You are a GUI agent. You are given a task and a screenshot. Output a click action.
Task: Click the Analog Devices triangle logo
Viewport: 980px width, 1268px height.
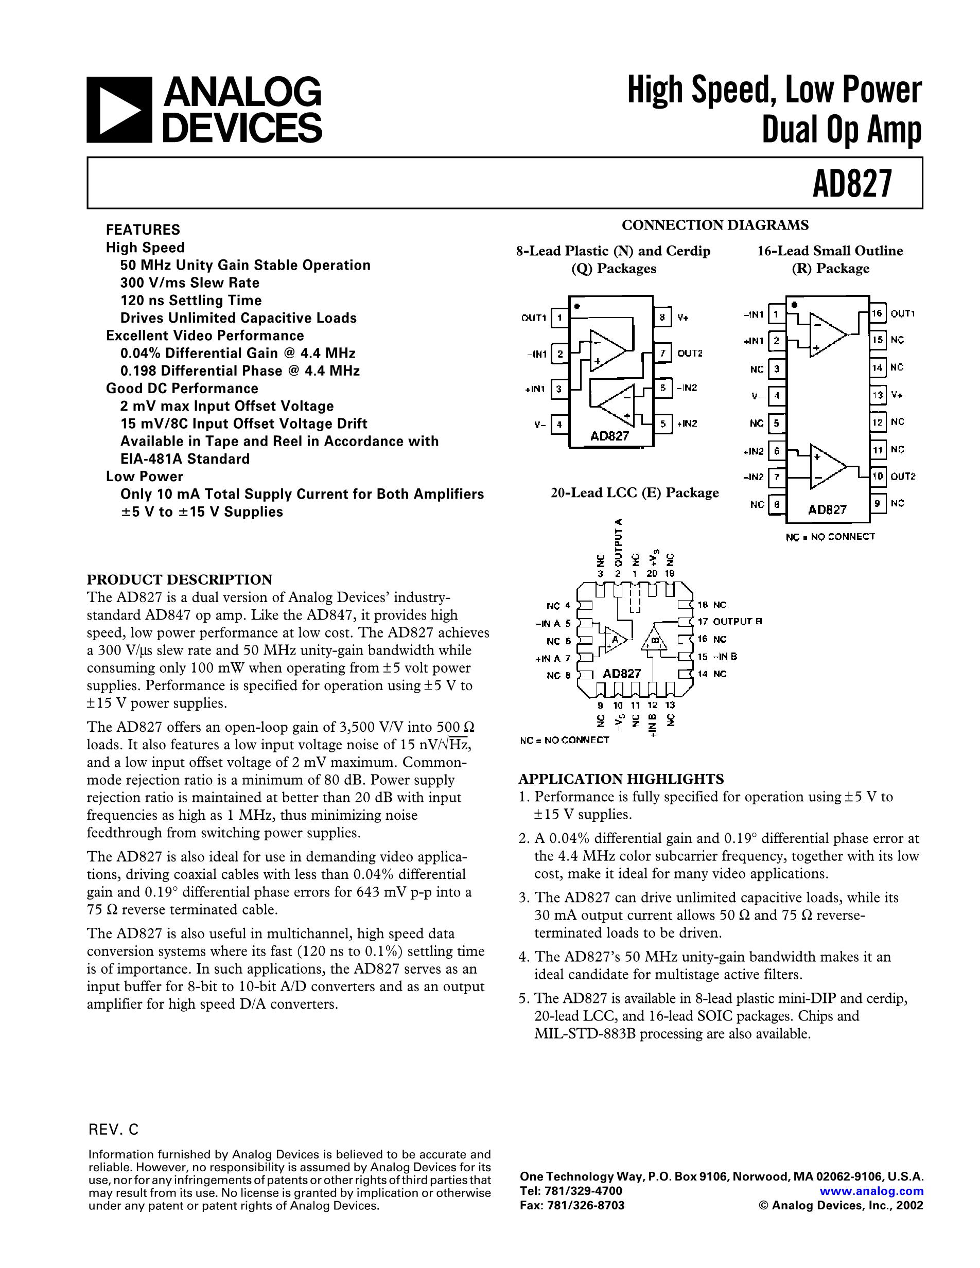click(119, 110)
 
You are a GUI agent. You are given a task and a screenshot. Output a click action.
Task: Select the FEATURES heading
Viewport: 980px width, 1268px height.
click(143, 230)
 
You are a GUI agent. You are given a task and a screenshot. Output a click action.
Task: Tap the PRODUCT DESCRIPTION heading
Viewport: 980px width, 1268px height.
click(180, 579)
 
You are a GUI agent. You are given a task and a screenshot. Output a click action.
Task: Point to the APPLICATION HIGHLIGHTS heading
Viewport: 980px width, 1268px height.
click(621, 779)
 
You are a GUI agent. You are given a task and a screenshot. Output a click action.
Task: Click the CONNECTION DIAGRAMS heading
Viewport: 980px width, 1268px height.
click(715, 225)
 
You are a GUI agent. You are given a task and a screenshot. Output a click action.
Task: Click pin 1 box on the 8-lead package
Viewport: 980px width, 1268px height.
click(559, 318)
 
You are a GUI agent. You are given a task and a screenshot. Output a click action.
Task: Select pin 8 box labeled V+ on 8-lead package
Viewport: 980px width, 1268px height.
click(662, 318)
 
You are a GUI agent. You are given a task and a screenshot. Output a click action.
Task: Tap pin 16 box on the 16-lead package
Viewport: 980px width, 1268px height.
click(877, 313)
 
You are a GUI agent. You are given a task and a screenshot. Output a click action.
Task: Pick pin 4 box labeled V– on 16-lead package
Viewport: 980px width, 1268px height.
click(776, 396)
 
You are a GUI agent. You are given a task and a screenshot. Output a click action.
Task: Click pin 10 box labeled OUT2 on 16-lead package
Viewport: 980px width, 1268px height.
click(877, 477)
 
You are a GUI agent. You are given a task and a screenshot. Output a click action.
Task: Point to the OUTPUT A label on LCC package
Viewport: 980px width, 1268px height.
click(618, 543)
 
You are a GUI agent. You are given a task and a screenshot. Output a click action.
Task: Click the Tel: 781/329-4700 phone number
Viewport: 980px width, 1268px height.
click(571, 1191)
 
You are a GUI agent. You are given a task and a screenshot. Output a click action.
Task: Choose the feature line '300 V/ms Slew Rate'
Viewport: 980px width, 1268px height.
click(189, 283)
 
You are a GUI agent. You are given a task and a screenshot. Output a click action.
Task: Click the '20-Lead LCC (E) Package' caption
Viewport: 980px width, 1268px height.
click(635, 493)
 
